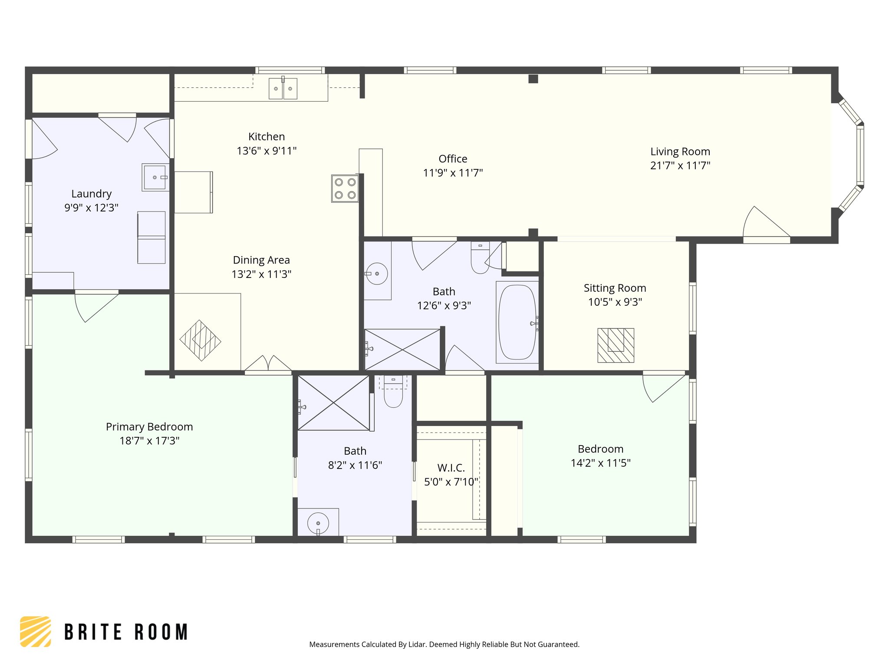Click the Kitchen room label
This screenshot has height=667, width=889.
[x=267, y=137]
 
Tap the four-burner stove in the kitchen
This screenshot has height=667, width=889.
[x=345, y=188]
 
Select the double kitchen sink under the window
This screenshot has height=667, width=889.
[x=283, y=89]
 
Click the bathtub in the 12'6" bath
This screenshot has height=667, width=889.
[x=517, y=322]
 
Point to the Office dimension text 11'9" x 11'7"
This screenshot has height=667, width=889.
[x=453, y=173]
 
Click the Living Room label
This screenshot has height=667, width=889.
[x=680, y=152]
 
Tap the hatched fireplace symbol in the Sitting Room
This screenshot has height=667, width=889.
[x=616, y=345]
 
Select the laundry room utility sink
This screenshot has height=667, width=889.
[x=155, y=177]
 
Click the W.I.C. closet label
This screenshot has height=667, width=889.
[x=451, y=468]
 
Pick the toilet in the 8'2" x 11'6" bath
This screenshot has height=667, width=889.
[x=393, y=393]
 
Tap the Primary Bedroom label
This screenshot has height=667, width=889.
[x=149, y=427]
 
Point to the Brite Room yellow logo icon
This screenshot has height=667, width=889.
[x=36, y=631]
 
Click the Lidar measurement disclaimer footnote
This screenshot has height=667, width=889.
[x=444, y=644]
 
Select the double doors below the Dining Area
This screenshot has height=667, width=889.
[x=268, y=365]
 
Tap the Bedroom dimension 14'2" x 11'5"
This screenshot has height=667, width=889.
[x=600, y=463]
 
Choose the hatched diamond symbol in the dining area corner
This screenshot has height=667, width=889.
[x=201, y=340]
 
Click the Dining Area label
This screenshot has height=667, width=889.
[x=261, y=260]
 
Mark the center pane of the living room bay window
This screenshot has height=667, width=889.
[x=860, y=155]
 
